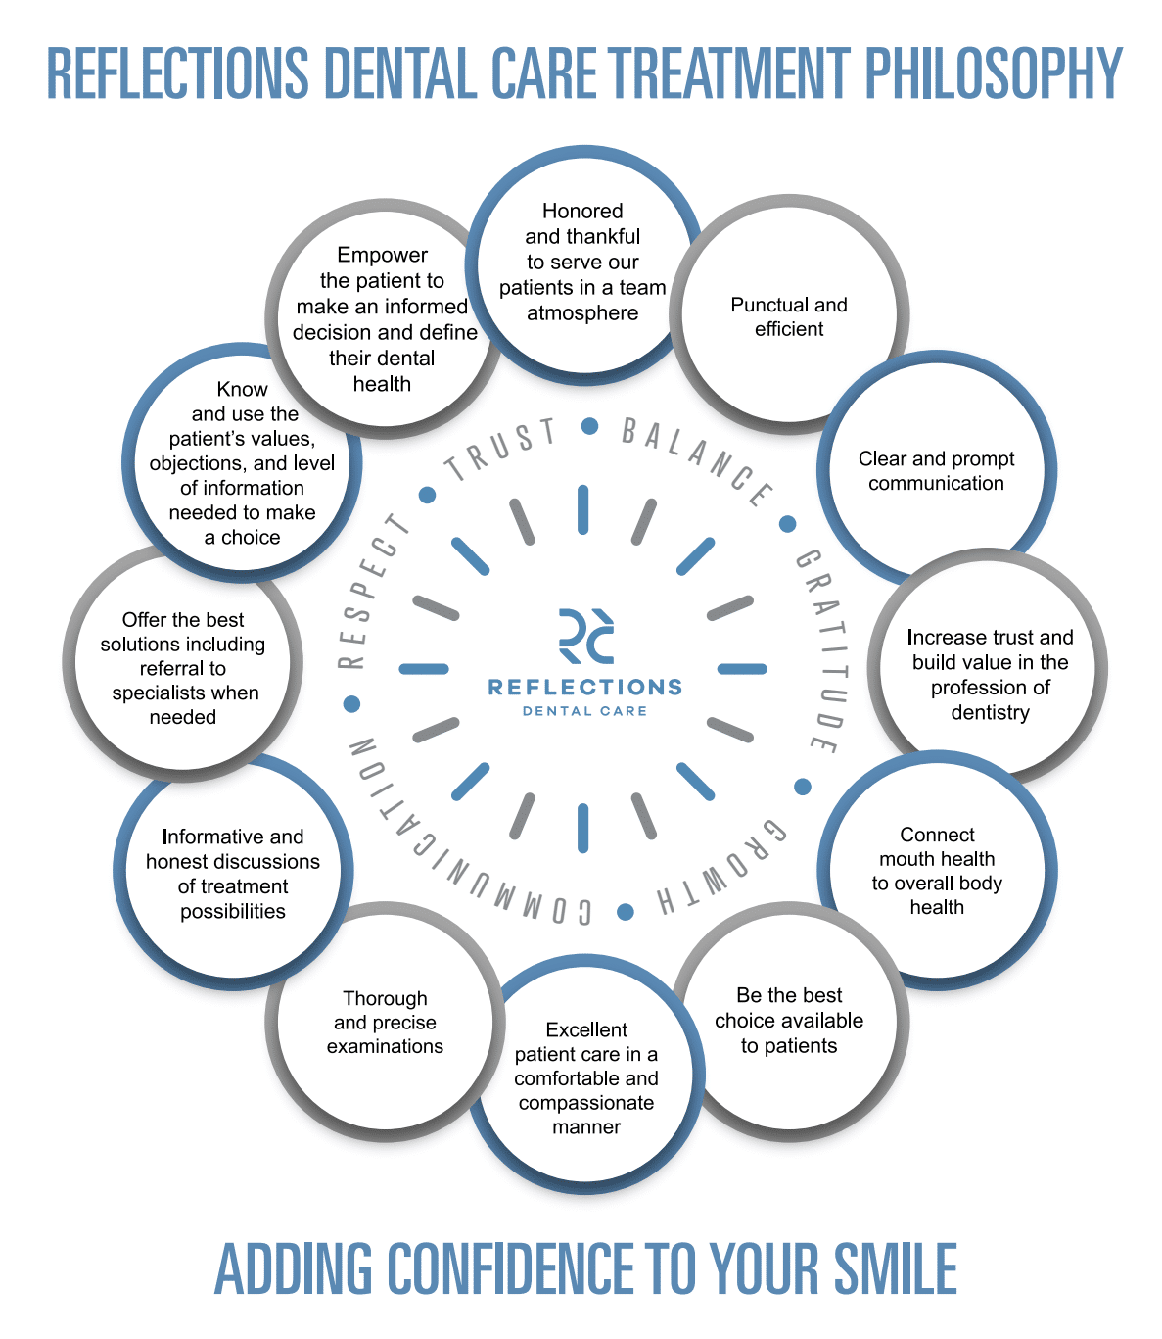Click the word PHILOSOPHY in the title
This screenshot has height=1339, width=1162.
(x=994, y=73)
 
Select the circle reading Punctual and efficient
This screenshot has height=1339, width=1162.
(x=789, y=316)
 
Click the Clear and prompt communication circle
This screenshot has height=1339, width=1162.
(x=936, y=471)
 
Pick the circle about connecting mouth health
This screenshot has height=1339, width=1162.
(x=937, y=870)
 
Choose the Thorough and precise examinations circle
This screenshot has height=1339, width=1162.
(x=385, y=1023)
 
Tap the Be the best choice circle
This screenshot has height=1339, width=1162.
(x=789, y=1021)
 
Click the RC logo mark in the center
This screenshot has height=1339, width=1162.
(x=585, y=636)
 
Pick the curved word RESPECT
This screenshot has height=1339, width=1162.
(x=372, y=592)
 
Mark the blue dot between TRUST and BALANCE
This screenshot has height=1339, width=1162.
(x=589, y=426)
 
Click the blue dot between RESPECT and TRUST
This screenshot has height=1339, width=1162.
(x=427, y=496)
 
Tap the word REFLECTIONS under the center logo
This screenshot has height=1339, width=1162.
(x=584, y=687)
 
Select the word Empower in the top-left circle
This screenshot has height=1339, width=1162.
(x=382, y=255)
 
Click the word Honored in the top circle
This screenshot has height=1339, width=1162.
(x=582, y=211)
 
